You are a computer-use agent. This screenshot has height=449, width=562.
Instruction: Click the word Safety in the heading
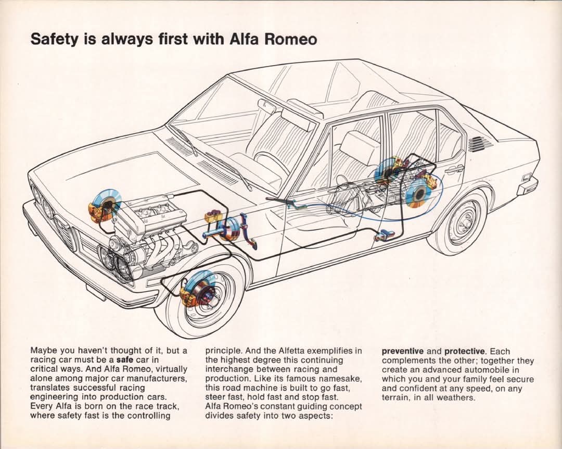54,39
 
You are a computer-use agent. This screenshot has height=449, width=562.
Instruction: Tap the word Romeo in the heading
290,39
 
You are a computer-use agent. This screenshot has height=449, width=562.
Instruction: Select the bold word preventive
402,352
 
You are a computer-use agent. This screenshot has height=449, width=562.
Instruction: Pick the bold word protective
465,352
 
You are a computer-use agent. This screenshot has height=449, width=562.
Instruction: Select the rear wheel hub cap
465,219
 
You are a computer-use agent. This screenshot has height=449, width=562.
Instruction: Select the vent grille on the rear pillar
480,144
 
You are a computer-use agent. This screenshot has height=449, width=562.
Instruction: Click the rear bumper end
527,186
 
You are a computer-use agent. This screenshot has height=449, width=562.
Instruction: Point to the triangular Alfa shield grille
67,233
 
